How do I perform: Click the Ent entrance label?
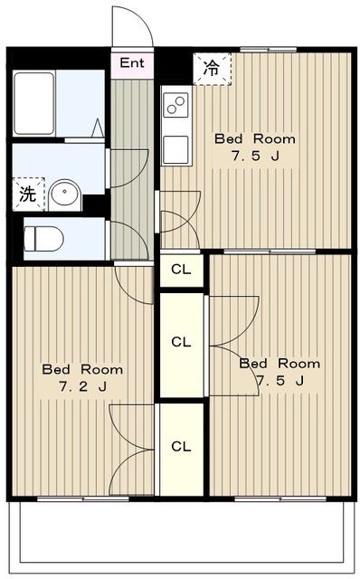click(132, 62)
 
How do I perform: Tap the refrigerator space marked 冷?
click(213, 69)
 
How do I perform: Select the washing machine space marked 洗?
click(28, 195)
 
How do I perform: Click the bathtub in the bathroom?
click(34, 103)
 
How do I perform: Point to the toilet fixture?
click(43, 239)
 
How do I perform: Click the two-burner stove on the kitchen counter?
click(175, 105)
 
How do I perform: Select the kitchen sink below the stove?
click(175, 149)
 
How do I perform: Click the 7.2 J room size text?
click(82, 387)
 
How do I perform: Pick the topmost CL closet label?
click(181, 270)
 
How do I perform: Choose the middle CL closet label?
click(181, 342)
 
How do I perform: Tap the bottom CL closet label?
click(181, 447)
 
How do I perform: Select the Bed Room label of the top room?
click(255, 139)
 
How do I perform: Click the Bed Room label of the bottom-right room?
click(279, 364)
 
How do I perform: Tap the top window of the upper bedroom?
click(268, 50)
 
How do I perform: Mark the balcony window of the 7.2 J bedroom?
click(83, 498)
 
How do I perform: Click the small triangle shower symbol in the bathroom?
click(98, 128)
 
